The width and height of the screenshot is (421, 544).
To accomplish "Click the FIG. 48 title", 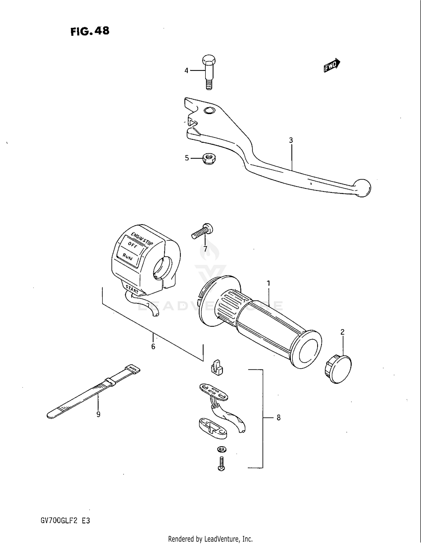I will click(90, 31).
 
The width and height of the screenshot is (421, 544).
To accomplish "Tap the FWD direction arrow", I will click(332, 65).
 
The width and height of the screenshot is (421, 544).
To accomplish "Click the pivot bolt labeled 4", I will click(209, 72).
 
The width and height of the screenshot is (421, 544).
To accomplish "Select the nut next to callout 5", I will click(209, 159).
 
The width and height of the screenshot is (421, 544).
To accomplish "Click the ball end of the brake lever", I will click(362, 188).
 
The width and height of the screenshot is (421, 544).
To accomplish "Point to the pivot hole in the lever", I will click(209, 111).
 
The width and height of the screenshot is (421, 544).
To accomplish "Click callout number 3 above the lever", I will click(291, 140).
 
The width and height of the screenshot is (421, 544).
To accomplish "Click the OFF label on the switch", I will click(132, 245).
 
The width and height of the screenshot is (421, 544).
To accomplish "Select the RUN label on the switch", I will click(127, 257).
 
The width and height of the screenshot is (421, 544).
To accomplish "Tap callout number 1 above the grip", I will click(268, 283).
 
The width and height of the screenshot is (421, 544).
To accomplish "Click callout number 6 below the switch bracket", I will click(153, 347).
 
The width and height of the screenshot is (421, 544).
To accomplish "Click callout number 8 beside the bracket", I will click(278, 418).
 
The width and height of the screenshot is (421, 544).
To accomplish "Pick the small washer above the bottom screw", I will click(222, 449).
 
